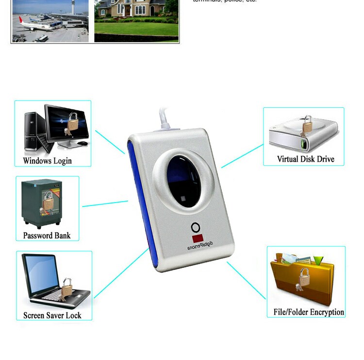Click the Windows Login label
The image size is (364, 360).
(x=47, y=161)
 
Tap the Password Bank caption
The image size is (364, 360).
(x=47, y=236)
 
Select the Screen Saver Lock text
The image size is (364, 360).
(x=52, y=315)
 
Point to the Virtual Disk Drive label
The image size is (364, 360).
(x=305, y=159)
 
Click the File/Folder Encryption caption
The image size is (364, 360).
(x=309, y=312)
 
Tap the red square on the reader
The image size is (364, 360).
(x=197, y=239)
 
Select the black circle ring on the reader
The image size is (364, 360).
(x=196, y=227)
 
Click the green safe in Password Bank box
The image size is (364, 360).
(x=42, y=202)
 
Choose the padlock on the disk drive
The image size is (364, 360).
(x=307, y=126)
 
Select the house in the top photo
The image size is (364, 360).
(x=136, y=10)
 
